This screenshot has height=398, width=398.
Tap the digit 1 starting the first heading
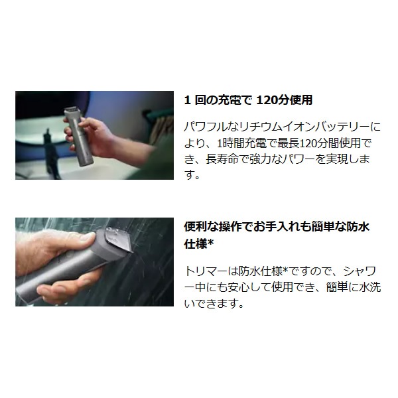pos(187,100)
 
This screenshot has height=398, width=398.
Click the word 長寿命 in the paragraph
pos(222,159)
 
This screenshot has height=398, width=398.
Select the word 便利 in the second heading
pos(195,227)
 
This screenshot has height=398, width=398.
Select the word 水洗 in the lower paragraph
pos(370,287)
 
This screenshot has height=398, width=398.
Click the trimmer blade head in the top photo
pos(71,110)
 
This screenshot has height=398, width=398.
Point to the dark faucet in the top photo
pos(50,154)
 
